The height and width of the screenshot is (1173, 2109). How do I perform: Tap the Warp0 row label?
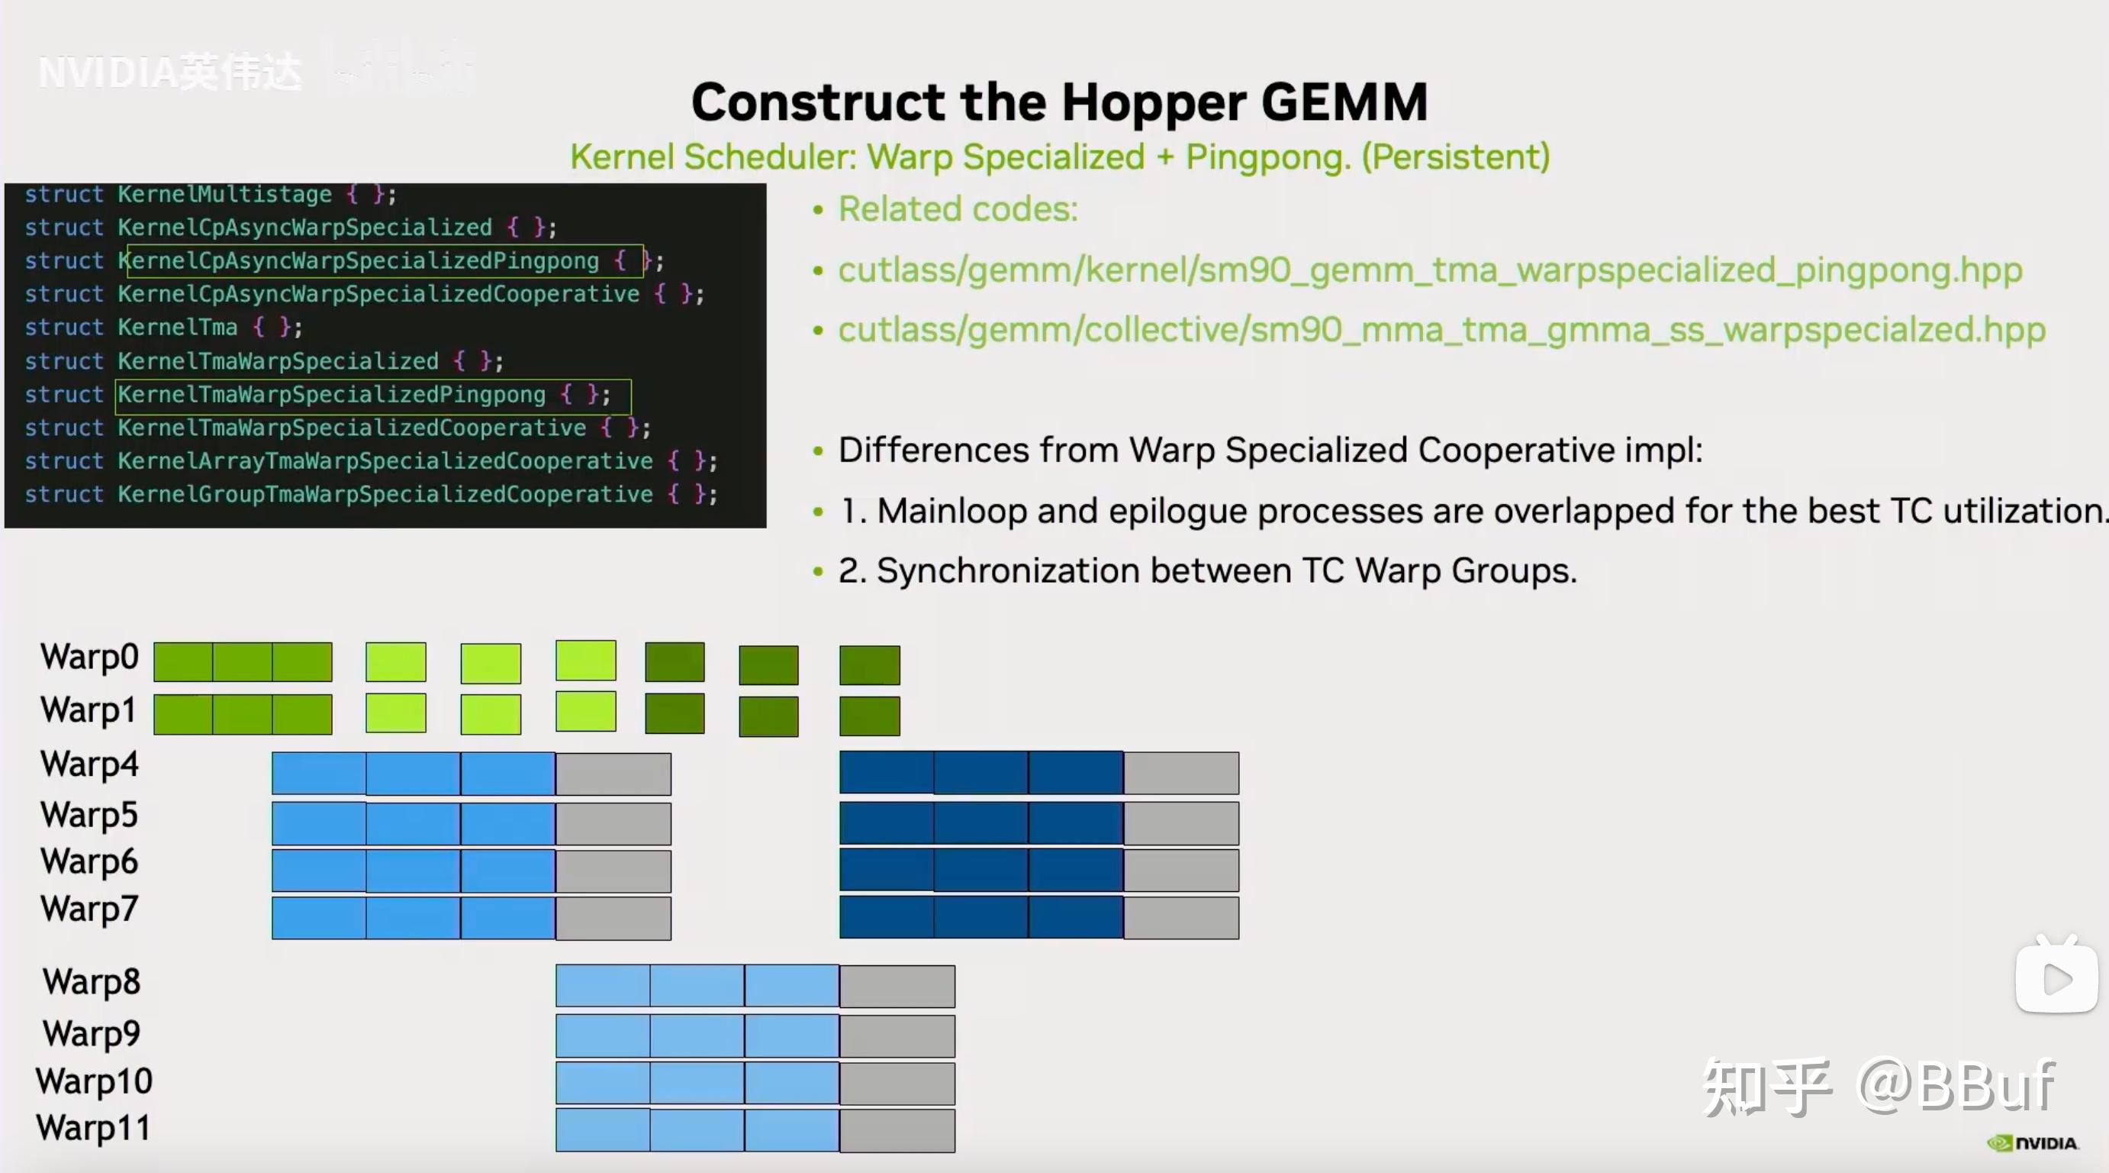(89, 657)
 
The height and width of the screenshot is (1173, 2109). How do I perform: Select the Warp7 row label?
(89, 910)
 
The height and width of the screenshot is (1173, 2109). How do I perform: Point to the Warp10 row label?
(94, 1081)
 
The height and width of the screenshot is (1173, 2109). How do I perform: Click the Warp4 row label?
(89, 764)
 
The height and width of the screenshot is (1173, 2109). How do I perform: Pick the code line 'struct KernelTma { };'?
(164, 328)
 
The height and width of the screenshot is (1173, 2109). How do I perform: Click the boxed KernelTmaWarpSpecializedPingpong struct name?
(332, 395)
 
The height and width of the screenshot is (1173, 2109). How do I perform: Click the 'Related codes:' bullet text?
(958, 210)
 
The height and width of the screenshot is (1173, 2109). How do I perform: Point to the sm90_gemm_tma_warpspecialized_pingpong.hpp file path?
(1429, 270)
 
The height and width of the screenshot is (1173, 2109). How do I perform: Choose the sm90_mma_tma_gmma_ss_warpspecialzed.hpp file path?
(1441, 330)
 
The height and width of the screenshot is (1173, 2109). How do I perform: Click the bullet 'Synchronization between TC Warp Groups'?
(1208, 571)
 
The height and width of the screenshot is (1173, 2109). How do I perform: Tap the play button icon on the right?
(2056, 978)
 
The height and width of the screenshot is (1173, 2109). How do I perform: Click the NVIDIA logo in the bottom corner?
(2033, 1143)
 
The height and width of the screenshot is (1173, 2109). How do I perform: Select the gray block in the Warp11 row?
(897, 1130)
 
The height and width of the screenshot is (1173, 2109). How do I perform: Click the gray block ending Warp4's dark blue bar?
(1180, 774)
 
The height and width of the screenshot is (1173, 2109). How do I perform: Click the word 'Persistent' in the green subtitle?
(1456, 157)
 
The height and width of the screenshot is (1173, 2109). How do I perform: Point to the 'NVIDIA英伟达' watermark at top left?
(170, 72)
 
